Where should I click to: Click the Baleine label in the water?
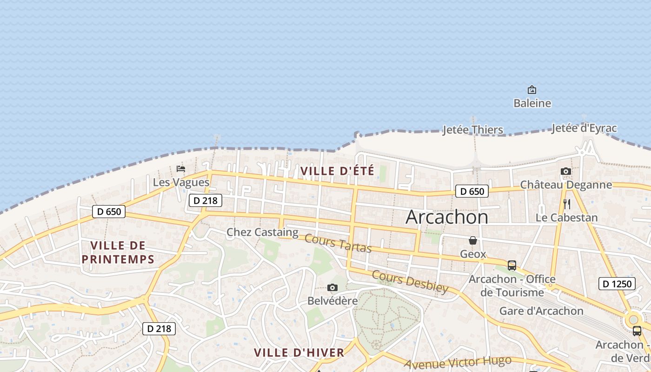coord(532,103)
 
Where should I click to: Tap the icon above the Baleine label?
coord(532,90)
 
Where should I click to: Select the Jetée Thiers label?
coord(473,130)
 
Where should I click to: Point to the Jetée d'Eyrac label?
coord(584,128)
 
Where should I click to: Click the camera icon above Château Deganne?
coord(566,171)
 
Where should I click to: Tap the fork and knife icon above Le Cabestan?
coord(566,204)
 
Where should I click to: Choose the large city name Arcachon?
coord(447,217)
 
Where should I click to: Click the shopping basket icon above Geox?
coord(473,240)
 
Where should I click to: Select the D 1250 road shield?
coord(617,284)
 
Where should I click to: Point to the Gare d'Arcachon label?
coord(541,311)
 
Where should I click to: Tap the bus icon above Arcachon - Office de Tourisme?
coord(512,266)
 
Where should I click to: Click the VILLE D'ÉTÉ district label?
coord(337,171)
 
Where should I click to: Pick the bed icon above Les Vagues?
coord(181,169)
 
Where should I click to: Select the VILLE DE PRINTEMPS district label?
coord(118,252)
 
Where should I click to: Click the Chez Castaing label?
coord(262,232)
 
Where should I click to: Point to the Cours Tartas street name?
coord(338,244)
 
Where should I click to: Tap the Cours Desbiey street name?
coord(410,282)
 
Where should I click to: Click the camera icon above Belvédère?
coord(332,288)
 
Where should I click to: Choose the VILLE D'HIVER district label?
coord(299,352)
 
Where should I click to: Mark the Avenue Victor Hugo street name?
coord(458,362)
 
